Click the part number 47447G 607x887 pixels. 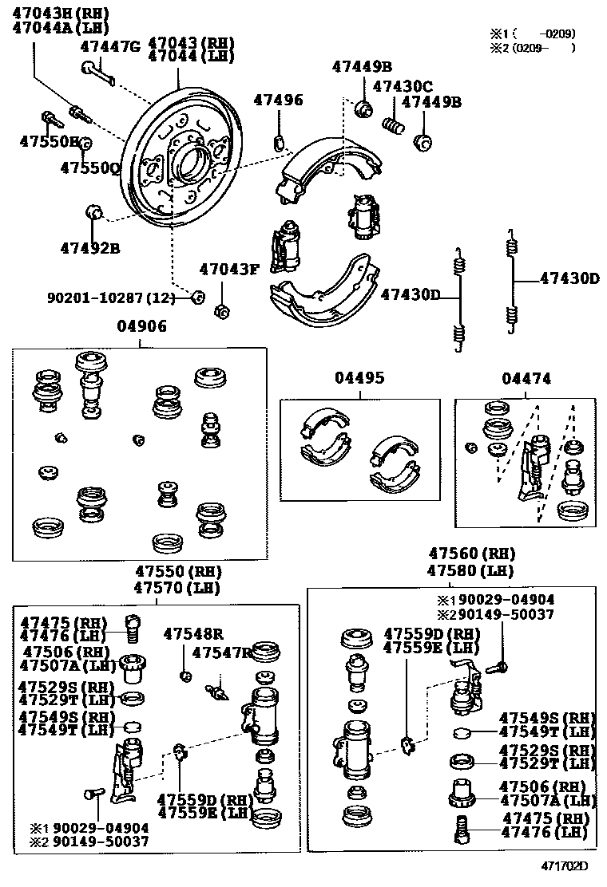pos(110,46)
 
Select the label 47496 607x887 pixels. pos(279,101)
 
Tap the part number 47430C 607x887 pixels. pos(403,86)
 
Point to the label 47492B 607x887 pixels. pos(89,248)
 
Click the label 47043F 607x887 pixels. pos(230,269)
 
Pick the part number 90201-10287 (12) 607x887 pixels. pos(110,298)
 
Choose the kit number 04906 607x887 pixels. pos(140,327)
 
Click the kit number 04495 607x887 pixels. pos(359,378)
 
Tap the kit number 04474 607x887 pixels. pos(526,379)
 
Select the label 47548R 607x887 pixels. pos(193,634)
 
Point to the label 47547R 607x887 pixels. pos(222,653)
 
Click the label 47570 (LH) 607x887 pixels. pos(177,588)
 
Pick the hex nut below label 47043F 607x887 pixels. pos(223,308)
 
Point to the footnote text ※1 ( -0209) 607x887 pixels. pos(533,34)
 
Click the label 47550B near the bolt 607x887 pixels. pos(50,142)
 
